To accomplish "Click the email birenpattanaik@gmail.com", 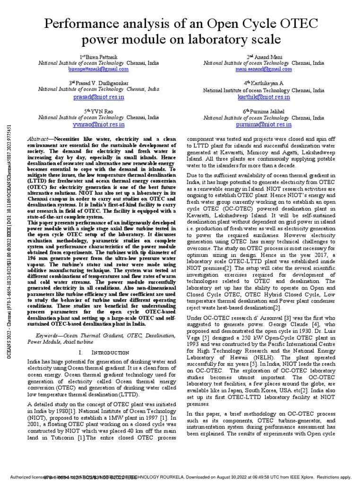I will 98,69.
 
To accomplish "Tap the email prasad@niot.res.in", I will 98,97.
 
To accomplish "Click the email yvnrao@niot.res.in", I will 98,124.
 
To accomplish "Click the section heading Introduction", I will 110,353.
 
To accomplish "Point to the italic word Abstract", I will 39,138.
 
